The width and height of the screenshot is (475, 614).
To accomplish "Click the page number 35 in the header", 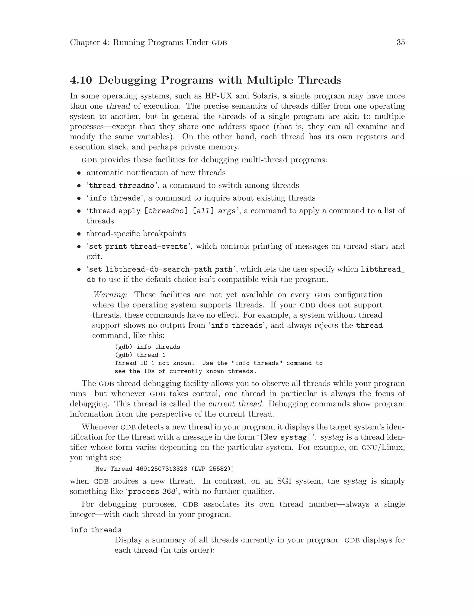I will (x=400, y=42).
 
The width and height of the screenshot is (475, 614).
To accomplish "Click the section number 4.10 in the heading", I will (x=81, y=80).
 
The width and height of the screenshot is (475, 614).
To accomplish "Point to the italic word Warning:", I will (x=110, y=295).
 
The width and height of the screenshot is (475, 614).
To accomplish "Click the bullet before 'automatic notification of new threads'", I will (x=79, y=173).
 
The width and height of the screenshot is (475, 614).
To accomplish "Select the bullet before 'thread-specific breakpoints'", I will (x=79, y=234).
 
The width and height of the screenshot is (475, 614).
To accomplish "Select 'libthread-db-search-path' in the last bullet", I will (x=158, y=270).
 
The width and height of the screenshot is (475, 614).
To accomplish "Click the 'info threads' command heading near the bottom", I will (x=95, y=530).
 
